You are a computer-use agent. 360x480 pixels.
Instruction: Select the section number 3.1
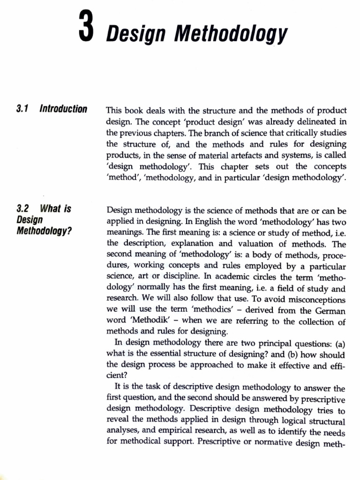pos(22,110)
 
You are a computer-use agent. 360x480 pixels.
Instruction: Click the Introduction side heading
pos(63,110)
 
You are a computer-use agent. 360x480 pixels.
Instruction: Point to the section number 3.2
pos(22,209)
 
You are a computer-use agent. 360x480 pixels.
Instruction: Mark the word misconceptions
pos(314,300)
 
